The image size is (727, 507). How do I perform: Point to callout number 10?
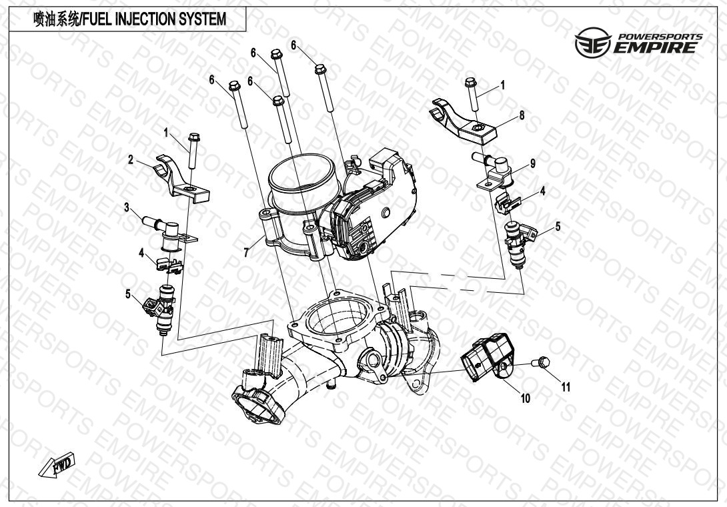[526, 398]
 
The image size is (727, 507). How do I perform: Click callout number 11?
[566, 387]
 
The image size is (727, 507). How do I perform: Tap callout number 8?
[522, 115]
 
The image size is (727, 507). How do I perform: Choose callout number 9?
[533, 163]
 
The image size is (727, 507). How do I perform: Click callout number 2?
[131, 160]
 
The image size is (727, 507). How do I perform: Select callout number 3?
[127, 207]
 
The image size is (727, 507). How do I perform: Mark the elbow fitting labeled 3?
[170, 233]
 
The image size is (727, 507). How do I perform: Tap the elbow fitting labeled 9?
[494, 171]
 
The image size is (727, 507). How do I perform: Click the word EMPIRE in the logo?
[655, 47]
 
